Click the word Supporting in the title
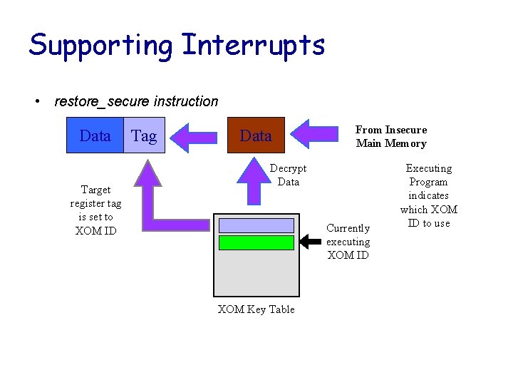(x=100, y=46)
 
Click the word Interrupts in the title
(x=254, y=46)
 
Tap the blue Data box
(x=95, y=135)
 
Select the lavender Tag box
(x=144, y=135)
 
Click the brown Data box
(x=256, y=135)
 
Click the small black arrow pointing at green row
(x=310, y=242)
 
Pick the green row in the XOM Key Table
(x=256, y=242)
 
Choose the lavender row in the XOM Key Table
(x=256, y=225)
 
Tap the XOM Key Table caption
(x=256, y=309)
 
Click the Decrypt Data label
(x=288, y=175)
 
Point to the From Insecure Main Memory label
(x=391, y=136)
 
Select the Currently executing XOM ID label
(x=348, y=242)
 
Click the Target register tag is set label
(x=95, y=210)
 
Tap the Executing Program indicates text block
(x=428, y=195)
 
